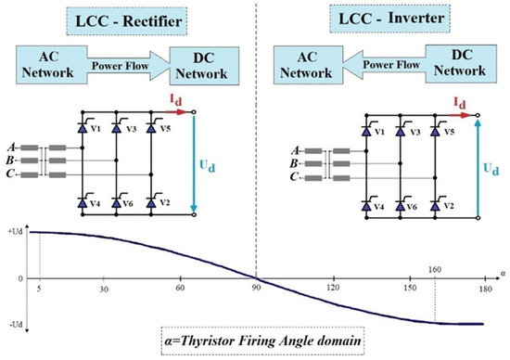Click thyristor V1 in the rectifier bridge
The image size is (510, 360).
pyautogui.click(x=79, y=130)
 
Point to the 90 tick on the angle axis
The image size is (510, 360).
pyautogui.click(x=256, y=289)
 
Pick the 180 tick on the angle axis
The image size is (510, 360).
pyautogui.click(x=480, y=289)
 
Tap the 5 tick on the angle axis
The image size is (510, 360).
pyautogui.click(x=40, y=289)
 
